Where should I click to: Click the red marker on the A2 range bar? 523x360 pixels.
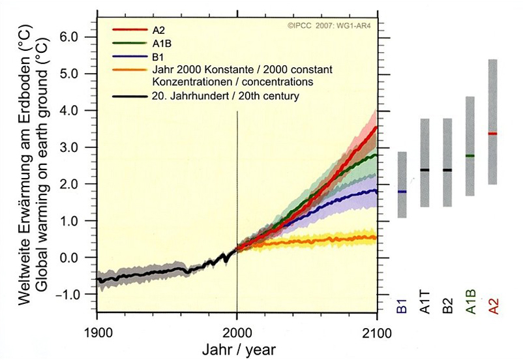click(x=492, y=134)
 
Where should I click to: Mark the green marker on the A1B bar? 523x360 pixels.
click(x=470, y=156)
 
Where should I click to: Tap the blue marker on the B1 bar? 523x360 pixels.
click(x=402, y=192)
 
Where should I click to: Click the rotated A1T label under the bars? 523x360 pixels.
click(x=425, y=303)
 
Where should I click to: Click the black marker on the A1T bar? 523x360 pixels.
click(x=425, y=170)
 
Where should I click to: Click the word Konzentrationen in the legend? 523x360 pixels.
click(x=187, y=83)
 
